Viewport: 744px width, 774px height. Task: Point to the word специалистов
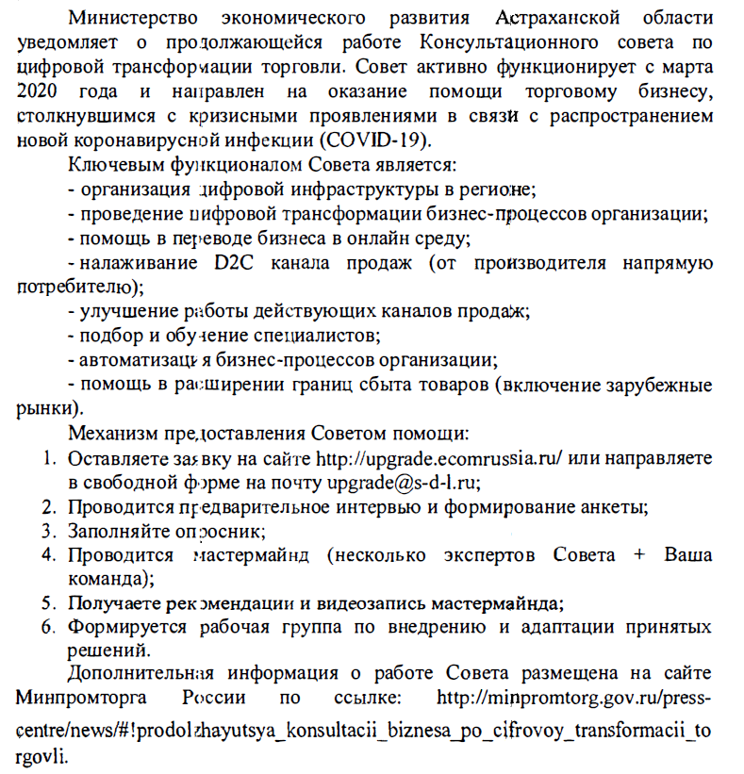pos(316,335)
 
